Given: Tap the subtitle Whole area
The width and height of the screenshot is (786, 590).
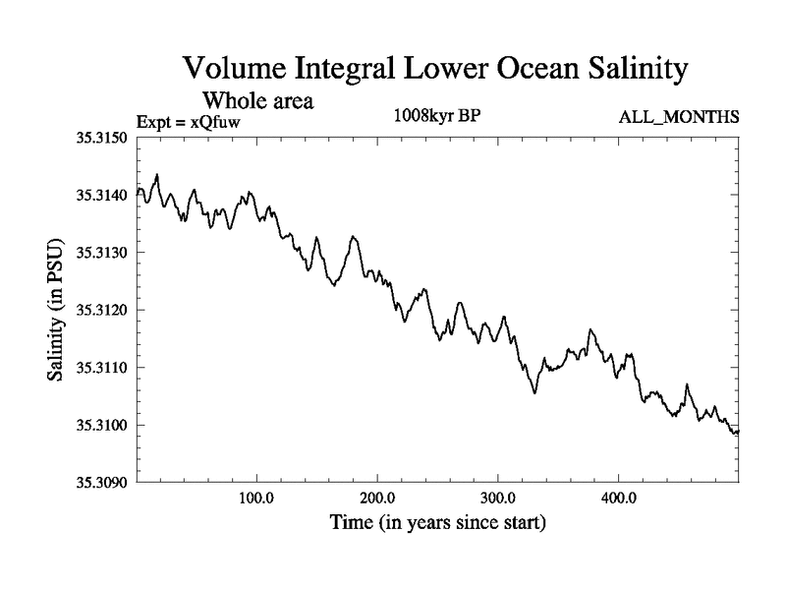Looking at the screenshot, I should coord(257,99).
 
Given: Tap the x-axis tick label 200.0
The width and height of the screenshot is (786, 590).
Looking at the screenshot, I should coord(377,498).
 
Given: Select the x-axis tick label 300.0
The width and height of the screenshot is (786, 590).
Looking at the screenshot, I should coord(498,498).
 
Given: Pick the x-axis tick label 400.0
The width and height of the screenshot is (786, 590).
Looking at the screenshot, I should coord(619,498).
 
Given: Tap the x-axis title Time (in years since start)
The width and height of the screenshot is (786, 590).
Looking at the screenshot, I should coord(439,522).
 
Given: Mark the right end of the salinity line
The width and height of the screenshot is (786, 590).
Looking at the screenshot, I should coord(738,431).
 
